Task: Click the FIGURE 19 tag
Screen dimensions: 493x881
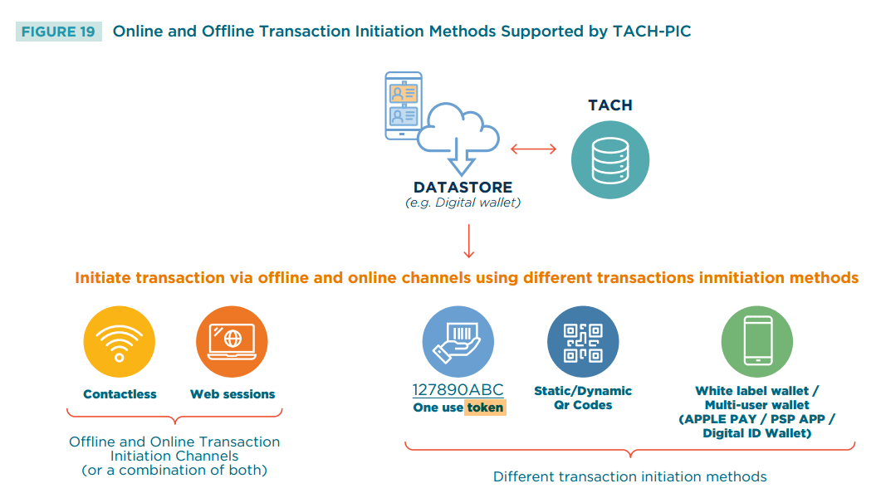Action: click(58, 32)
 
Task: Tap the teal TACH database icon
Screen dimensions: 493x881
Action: click(610, 160)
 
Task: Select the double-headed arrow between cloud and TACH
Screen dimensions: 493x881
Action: click(533, 149)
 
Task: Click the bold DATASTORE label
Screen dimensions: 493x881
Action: click(463, 188)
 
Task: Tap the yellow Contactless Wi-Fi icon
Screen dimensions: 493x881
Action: click(120, 342)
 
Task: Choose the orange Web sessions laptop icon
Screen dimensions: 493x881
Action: click(232, 342)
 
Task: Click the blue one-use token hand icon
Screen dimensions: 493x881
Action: click(458, 342)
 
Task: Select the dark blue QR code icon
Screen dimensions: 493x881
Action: click(583, 342)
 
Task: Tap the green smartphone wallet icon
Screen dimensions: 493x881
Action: click(756, 342)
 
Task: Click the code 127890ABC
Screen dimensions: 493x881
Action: click(458, 390)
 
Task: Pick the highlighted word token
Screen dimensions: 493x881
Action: click(485, 408)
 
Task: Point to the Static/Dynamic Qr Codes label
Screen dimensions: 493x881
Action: click(583, 398)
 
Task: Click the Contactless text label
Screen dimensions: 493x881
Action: click(120, 394)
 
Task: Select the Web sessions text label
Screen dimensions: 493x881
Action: click(232, 394)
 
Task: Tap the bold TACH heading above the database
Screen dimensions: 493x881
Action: click(610, 105)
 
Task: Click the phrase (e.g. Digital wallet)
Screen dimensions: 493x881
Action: click(463, 203)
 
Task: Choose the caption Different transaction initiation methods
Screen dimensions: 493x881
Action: click(629, 476)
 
